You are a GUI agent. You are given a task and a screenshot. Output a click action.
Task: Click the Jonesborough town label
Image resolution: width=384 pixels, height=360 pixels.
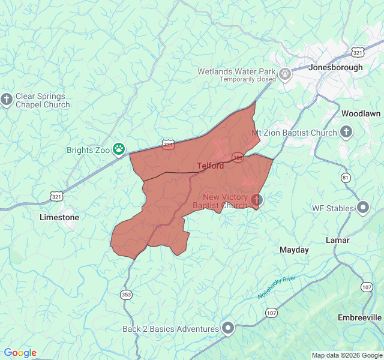(x=335, y=68)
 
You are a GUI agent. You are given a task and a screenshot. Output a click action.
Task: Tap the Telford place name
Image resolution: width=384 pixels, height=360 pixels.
(x=211, y=166)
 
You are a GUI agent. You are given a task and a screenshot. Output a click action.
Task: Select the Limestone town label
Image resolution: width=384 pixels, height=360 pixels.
(x=59, y=217)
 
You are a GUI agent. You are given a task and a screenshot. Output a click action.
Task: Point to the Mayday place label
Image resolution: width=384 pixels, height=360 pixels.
(x=294, y=250)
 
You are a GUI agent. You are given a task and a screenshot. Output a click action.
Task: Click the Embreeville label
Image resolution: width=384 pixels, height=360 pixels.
(x=359, y=317)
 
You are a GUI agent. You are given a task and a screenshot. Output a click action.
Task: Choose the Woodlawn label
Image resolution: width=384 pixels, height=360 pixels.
(x=361, y=113)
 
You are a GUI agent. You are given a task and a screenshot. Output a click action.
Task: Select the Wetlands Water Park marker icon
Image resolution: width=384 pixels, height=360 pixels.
(x=285, y=74)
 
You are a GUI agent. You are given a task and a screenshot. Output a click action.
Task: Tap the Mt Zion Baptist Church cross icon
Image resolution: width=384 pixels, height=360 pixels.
(x=346, y=132)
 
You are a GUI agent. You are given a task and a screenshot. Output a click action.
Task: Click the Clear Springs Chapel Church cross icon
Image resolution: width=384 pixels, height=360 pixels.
(x=7, y=100)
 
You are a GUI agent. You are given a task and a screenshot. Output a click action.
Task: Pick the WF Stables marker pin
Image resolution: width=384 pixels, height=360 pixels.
(x=363, y=208)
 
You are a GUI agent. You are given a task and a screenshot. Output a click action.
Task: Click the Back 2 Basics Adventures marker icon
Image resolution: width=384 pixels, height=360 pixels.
(x=228, y=328)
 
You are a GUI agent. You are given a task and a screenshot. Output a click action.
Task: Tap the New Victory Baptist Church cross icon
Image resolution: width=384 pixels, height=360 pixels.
(x=256, y=200)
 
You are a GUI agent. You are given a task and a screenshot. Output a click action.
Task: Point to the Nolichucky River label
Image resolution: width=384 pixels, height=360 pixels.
(x=277, y=287)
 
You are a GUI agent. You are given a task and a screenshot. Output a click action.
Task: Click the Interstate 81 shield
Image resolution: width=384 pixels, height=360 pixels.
(x=346, y=178)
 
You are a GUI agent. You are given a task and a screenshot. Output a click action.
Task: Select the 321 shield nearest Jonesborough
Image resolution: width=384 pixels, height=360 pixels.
(x=358, y=53)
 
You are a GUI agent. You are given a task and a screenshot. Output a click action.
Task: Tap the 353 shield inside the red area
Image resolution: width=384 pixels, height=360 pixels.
(x=238, y=157)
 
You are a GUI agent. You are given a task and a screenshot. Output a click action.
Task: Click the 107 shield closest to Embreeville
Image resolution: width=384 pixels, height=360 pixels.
(x=367, y=287)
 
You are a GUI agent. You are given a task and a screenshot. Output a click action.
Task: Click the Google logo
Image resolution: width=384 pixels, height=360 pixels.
(x=20, y=353)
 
